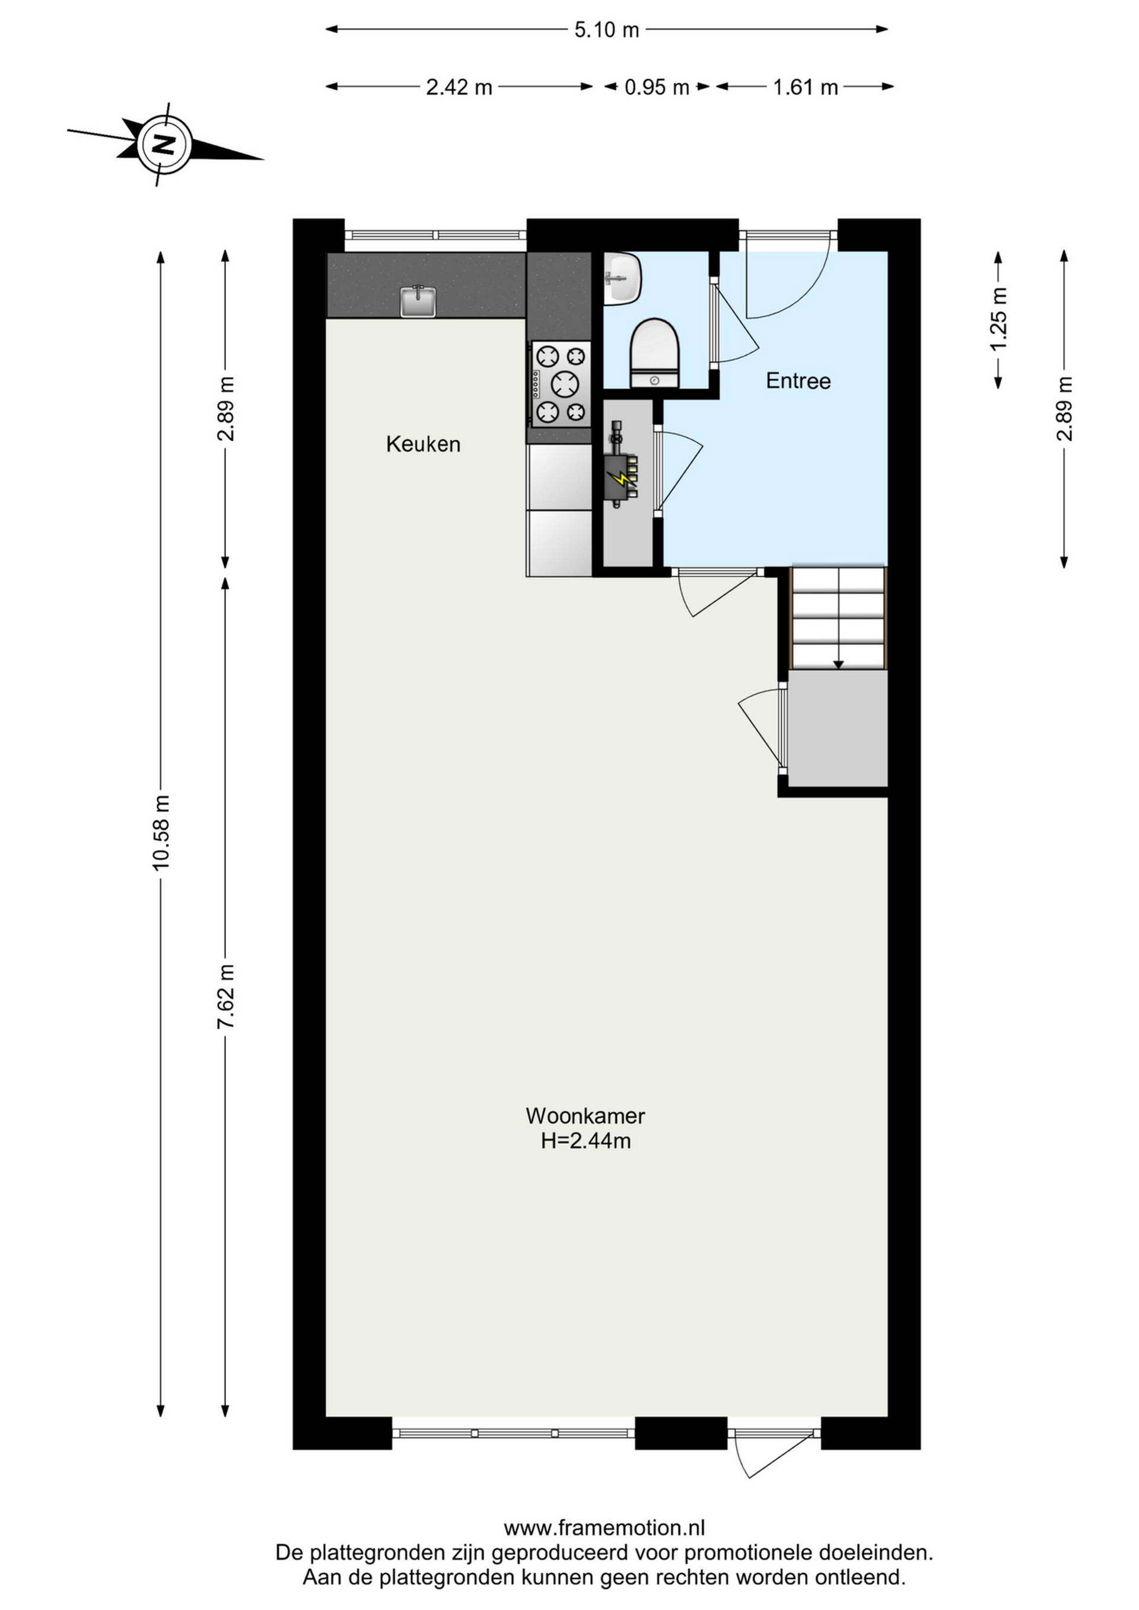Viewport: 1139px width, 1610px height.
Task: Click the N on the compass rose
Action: point(164,145)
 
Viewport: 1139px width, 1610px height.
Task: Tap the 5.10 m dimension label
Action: point(607,30)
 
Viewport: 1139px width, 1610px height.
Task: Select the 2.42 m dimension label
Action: point(459,87)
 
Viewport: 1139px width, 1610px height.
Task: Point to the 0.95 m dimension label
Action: point(657,87)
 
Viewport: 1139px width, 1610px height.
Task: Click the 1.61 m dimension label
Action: point(806,87)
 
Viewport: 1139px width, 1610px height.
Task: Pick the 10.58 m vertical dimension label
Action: point(161,832)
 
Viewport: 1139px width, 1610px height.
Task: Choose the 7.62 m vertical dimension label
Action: point(225,997)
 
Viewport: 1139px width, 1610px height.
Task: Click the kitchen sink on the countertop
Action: point(418,301)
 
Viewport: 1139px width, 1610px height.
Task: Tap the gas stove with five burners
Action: point(561,384)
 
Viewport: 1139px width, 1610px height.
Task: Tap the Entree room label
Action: point(798,381)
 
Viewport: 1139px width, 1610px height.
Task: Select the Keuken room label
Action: point(423,444)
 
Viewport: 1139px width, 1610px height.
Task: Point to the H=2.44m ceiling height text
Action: point(586,1141)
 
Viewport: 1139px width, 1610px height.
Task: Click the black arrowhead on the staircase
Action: point(838,665)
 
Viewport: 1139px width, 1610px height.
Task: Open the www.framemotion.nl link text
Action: point(605,1528)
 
